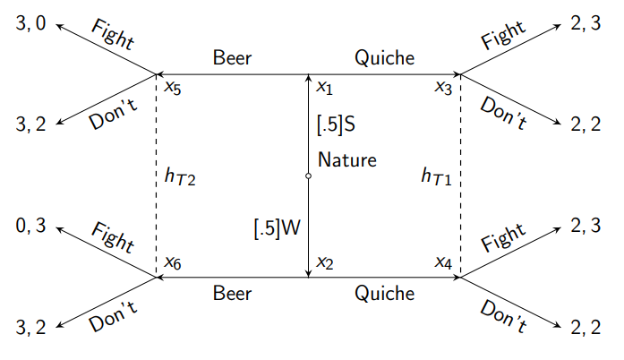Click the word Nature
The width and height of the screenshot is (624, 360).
click(x=346, y=161)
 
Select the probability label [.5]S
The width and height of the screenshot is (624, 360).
click(x=337, y=124)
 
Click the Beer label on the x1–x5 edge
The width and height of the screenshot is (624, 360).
click(x=233, y=59)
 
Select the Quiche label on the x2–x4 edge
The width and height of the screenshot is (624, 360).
click(x=384, y=294)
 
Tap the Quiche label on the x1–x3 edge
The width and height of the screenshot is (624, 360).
click(x=384, y=59)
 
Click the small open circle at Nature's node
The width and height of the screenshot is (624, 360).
click(x=309, y=176)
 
